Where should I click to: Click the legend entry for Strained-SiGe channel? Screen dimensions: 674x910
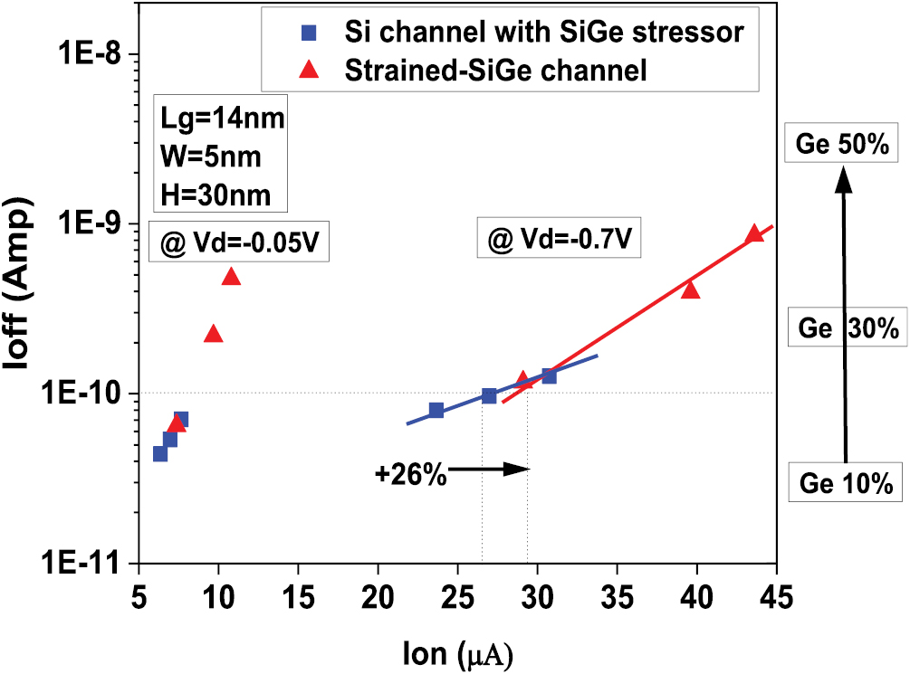(x=495, y=71)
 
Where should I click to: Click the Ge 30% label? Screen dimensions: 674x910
(x=848, y=328)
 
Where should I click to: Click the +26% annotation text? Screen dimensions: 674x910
(x=410, y=473)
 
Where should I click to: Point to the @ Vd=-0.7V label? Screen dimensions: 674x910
(x=560, y=241)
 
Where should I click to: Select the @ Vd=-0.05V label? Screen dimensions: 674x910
(x=239, y=244)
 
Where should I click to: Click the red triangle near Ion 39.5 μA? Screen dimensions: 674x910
(x=690, y=290)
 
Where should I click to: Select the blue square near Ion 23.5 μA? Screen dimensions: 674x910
(x=436, y=410)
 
